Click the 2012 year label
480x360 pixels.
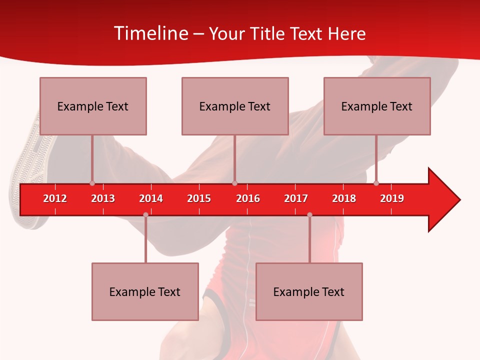(55, 198)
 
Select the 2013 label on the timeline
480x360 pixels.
(103, 198)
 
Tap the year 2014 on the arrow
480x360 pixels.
(151, 198)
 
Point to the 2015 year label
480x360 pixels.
(199, 198)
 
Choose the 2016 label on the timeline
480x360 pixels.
(248, 198)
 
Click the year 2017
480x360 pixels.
(296, 198)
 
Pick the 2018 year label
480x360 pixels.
(344, 198)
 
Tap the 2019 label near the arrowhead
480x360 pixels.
(392, 198)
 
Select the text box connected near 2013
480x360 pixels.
(93, 106)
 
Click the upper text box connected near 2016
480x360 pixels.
(235, 106)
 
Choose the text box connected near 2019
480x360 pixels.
(377, 106)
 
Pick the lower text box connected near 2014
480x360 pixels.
(145, 292)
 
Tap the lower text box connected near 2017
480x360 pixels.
(309, 292)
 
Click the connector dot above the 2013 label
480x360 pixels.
(92, 183)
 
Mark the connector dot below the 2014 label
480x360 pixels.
(145, 215)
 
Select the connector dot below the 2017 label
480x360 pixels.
(309, 215)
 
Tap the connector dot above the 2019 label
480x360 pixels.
(376, 183)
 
